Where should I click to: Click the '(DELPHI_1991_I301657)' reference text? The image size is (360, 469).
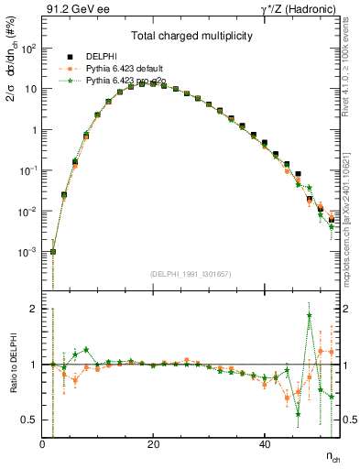(191, 274)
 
